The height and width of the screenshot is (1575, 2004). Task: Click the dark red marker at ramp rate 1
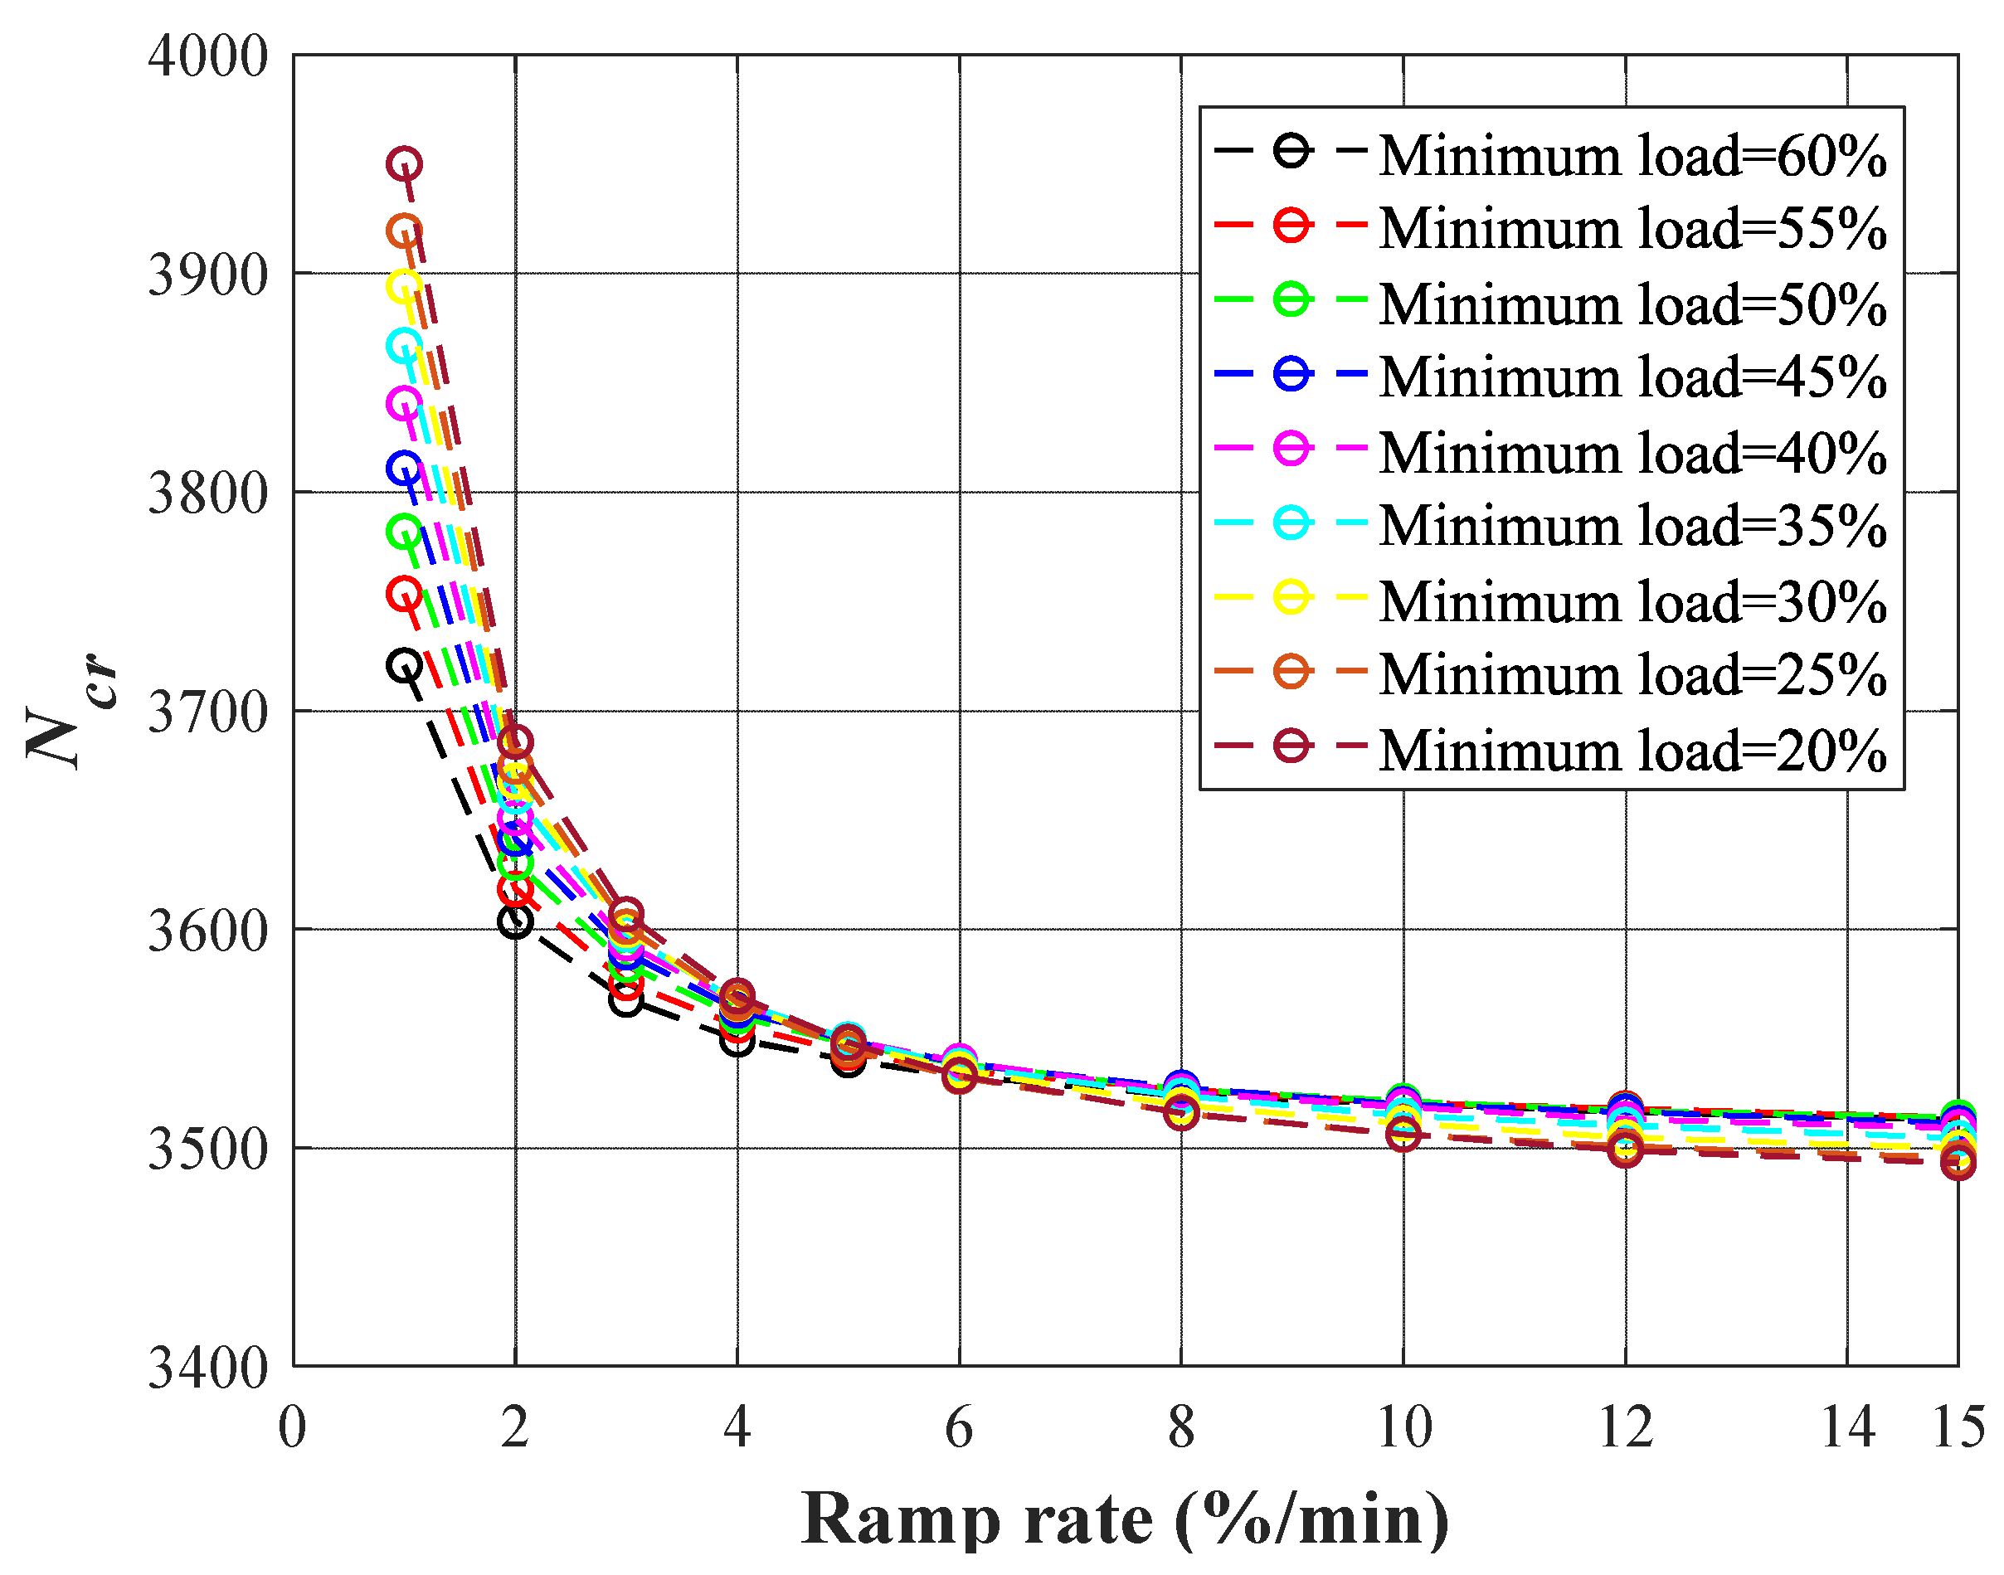pos(404,164)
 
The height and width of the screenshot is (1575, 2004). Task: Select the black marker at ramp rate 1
pos(404,665)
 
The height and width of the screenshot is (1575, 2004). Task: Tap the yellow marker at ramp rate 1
pos(404,287)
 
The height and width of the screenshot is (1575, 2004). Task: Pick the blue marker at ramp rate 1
pos(404,469)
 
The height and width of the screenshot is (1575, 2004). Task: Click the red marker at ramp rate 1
pos(404,594)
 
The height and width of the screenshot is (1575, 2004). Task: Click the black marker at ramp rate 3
pos(626,1000)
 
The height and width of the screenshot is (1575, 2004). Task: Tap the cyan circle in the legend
pos(1292,523)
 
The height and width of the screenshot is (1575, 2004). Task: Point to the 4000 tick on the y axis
pos(208,56)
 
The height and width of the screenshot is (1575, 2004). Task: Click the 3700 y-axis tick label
pos(208,712)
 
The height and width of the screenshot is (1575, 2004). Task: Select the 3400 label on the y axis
pos(208,1367)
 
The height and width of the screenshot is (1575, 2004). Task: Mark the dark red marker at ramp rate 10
pos(1403,1135)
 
